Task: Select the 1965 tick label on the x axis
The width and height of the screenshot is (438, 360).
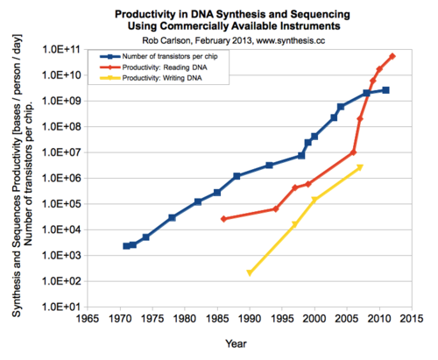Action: point(87,321)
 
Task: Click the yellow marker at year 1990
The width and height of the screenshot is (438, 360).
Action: point(250,272)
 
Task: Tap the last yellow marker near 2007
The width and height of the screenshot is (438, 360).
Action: point(360,166)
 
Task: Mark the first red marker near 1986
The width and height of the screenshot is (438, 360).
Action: point(224,219)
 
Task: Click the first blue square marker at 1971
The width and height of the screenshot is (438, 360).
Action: point(126,246)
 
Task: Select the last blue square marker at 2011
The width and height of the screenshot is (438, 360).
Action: point(386,90)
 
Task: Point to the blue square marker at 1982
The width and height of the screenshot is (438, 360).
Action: point(198,201)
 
